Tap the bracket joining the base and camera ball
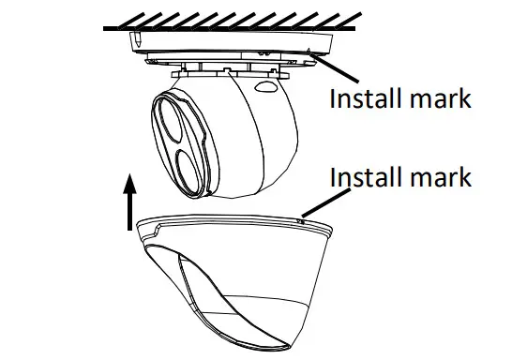pos(225,67)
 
